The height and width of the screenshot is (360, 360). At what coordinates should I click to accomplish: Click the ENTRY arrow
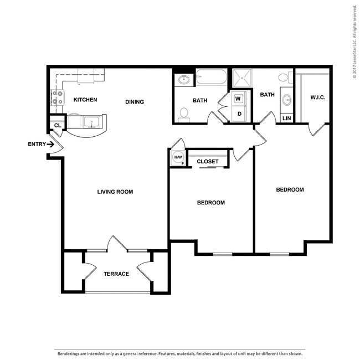click(x=50, y=145)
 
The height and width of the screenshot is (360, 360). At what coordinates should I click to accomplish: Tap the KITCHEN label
click(x=85, y=100)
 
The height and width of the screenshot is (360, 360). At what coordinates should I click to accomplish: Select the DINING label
click(x=135, y=102)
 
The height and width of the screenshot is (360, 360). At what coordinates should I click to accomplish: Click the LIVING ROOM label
click(x=115, y=192)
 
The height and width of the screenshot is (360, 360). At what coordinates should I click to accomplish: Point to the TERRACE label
click(x=116, y=274)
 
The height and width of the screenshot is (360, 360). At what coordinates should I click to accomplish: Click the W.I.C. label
click(x=318, y=97)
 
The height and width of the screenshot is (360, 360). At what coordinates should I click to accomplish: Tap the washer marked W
click(x=238, y=99)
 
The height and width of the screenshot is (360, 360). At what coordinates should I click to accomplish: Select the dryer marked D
click(x=239, y=114)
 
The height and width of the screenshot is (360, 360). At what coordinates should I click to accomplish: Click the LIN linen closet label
click(x=287, y=118)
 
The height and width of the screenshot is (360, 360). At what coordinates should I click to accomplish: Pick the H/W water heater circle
click(x=178, y=157)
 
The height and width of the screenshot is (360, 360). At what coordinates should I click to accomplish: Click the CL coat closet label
click(x=58, y=125)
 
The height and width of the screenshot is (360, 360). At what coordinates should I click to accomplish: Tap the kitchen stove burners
click(x=58, y=97)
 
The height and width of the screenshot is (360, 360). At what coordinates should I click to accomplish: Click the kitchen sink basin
click(x=92, y=122)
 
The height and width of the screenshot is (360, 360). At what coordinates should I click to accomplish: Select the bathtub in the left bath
click(x=212, y=76)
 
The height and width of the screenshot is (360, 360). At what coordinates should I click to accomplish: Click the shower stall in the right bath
click(x=242, y=78)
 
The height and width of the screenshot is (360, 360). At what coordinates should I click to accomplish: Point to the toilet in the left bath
click(x=184, y=115)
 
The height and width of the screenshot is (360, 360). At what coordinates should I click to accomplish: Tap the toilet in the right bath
click(x=286, y=78)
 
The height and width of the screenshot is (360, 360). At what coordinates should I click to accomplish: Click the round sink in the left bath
click(x=184, y=80)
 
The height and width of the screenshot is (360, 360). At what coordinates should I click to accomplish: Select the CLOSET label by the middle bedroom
click(x=208, y=161)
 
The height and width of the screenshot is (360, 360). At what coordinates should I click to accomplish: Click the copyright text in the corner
click(x=355, y=42)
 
